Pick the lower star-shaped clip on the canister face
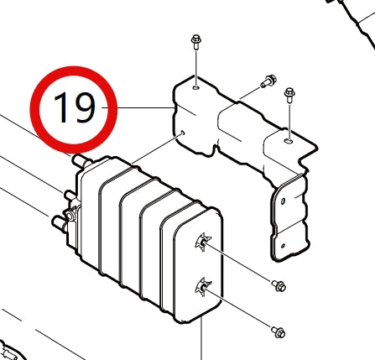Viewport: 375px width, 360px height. [x=201, y=290]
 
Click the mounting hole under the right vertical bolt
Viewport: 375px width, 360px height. [x=289, y=142]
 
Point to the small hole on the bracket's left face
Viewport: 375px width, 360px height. [x=181, y=132]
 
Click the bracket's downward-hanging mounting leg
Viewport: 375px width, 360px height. [x=289, y=218]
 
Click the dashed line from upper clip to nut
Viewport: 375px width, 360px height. [x=243, y=265]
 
